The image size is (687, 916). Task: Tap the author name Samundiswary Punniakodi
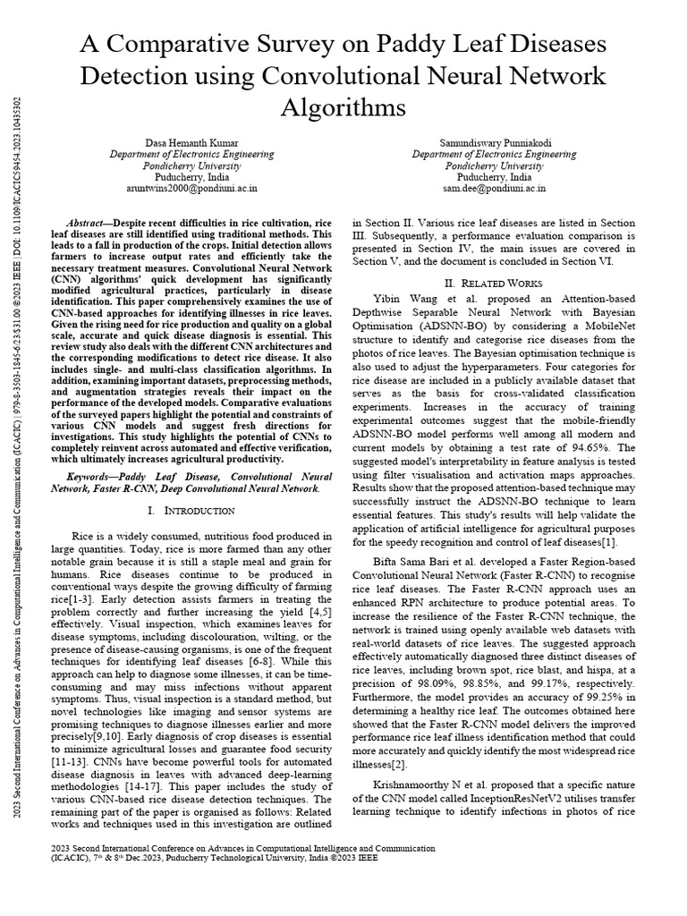(493, 143)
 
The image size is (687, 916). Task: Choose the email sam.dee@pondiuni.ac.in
(493, 189)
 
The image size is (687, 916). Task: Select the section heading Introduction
(197, 511)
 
